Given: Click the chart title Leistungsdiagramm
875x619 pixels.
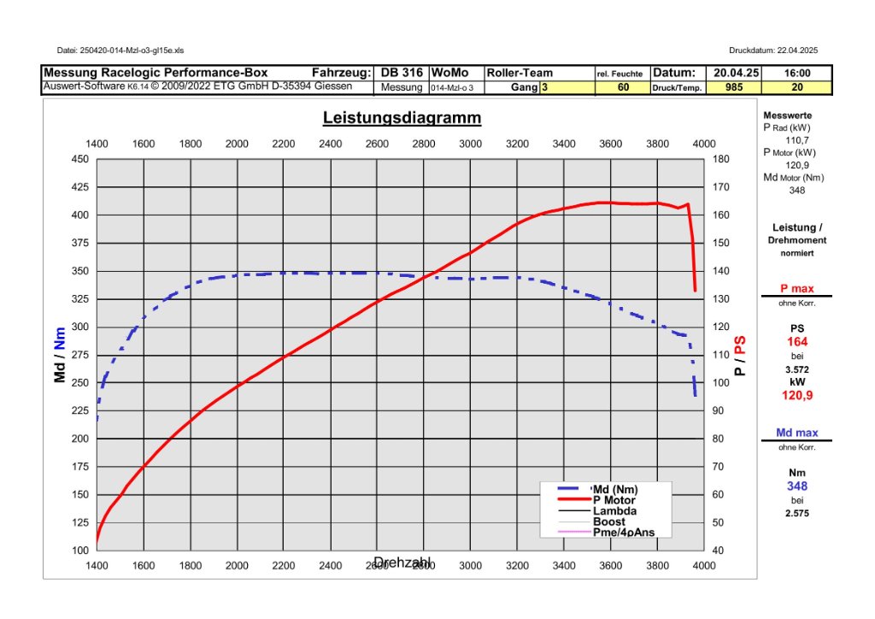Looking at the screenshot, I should point(402,118).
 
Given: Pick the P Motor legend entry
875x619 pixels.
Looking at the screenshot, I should point(614,500).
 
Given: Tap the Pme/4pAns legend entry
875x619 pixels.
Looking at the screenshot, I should point(624,532).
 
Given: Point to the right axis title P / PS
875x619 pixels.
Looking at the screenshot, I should point(740,355).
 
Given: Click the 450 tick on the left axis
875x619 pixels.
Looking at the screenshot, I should point(79,159).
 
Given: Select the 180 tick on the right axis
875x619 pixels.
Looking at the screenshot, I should point(719,159).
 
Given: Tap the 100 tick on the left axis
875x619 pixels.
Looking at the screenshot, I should point(79,551).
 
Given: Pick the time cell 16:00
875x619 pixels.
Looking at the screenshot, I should point(797,74).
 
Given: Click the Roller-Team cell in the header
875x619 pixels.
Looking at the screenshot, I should point(520,74).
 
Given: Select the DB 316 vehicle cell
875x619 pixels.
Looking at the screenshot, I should point(401,74).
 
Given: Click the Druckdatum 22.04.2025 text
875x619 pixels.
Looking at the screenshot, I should point(773,50).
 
